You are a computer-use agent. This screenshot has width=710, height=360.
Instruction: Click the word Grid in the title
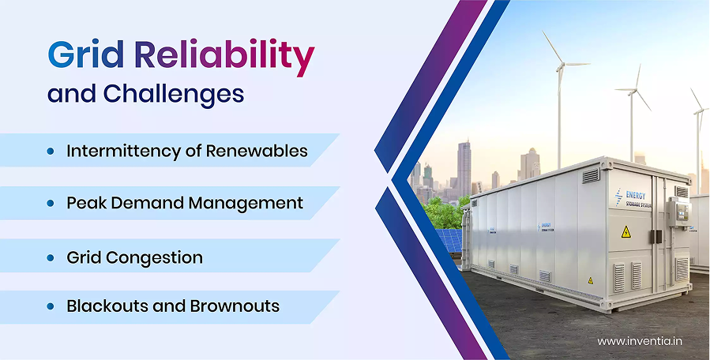click(85, 54)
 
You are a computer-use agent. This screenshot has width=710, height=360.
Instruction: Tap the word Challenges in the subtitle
click(174, 95)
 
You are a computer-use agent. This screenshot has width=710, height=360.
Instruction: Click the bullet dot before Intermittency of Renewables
click(51, 152)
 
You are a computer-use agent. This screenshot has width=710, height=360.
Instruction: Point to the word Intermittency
click(124, 151)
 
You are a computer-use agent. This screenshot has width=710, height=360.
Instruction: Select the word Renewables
click(257, 151)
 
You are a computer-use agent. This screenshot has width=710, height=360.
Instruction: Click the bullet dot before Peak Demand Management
click(51, 204)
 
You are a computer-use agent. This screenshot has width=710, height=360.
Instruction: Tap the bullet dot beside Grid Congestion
click(51, 257)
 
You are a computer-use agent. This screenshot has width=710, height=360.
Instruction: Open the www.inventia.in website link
click(640, 341)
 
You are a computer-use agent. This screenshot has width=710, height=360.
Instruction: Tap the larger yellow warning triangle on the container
click(626, 232)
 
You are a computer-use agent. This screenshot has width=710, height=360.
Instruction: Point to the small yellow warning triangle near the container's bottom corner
click(591, 280)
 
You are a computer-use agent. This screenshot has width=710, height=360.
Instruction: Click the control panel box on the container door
click(678, 211)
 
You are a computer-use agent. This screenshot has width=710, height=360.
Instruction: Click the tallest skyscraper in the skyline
click(464, 168)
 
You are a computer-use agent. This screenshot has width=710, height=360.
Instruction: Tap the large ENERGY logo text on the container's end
click(636, 195)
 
